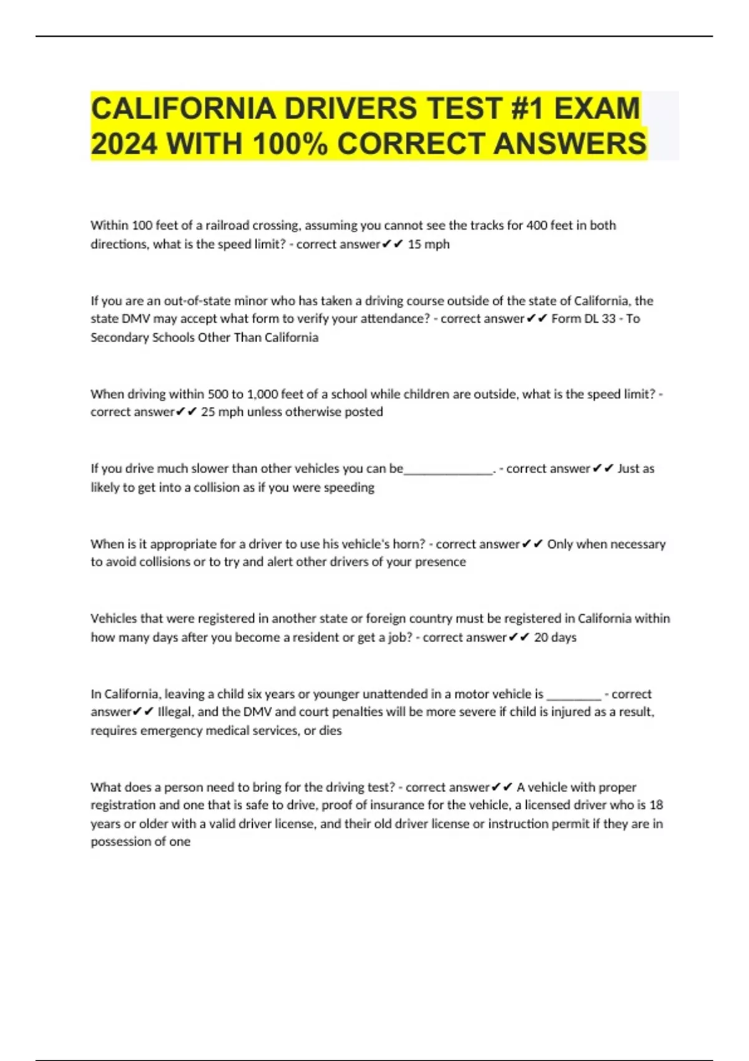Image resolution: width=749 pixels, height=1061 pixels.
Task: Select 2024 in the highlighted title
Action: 124,144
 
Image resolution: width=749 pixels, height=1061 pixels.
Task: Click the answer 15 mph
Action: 428,244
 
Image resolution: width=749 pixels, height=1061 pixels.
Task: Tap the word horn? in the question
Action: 408,544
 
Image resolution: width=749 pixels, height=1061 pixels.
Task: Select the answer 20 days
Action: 555,637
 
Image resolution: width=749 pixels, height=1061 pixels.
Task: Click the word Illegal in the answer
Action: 175,712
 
